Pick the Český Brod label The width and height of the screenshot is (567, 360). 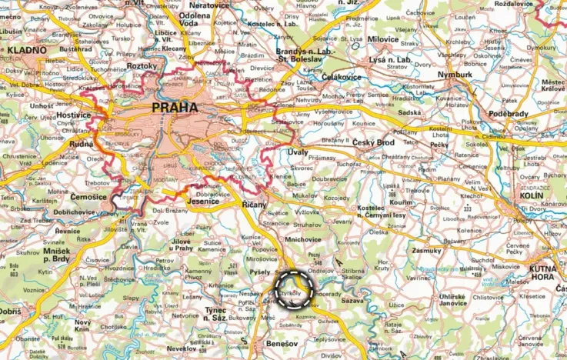[x=373, y=143]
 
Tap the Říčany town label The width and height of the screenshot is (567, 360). [x=254, y=205]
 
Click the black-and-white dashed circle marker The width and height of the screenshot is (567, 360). [x=294, y=290]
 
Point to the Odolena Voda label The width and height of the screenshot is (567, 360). [x=195, y=21]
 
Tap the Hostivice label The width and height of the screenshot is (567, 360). [x=74, y=115]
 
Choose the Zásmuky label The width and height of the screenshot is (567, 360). [x=427, y=250]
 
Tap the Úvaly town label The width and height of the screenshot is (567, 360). [x=298, y=153]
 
